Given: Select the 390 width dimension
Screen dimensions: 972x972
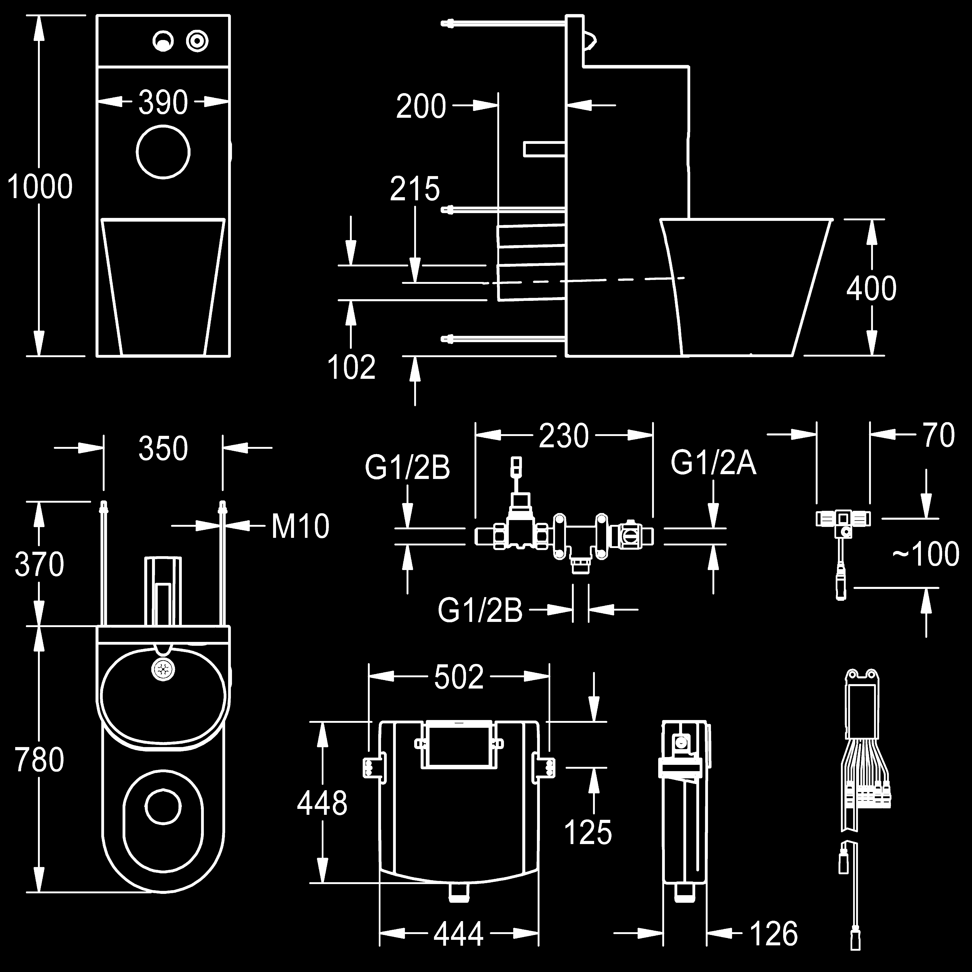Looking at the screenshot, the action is point(163,103).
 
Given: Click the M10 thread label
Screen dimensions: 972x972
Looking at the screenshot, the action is point(300,526).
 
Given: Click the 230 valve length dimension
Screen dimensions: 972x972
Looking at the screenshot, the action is point(563,436).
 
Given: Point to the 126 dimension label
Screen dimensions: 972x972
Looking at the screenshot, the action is point(774,934).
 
